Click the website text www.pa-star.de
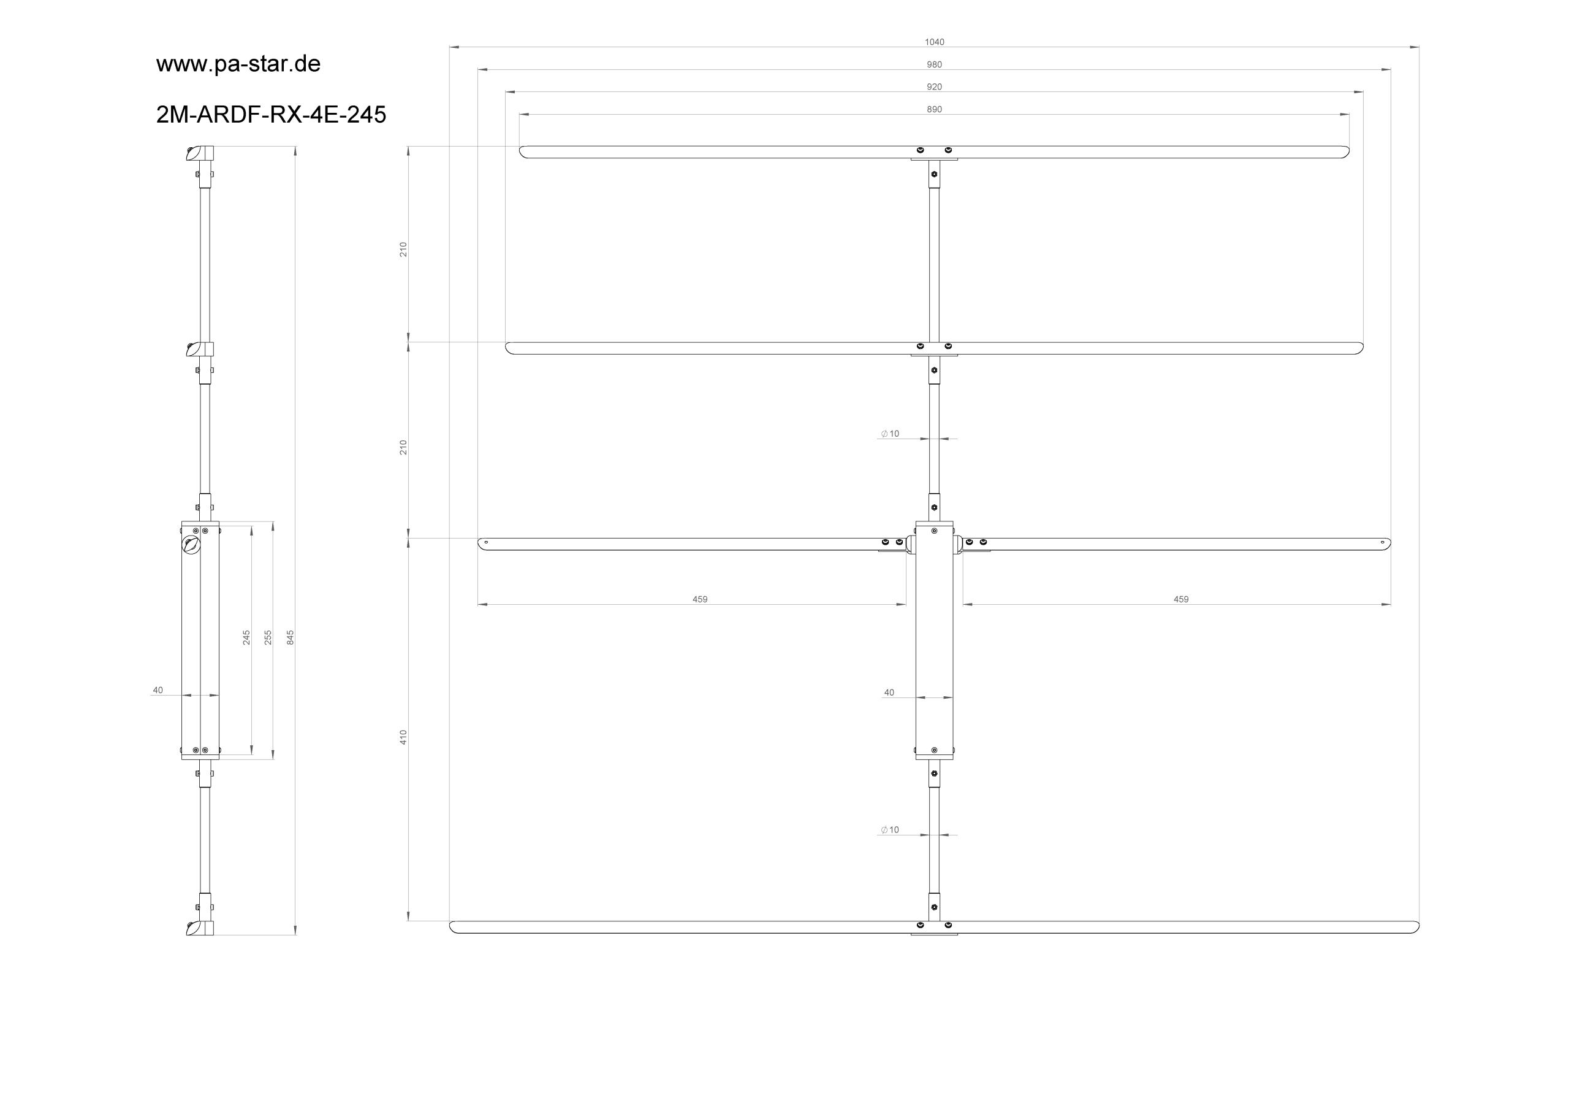point(238,64)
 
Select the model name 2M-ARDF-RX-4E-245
point(272,114)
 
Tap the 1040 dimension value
point(934,42)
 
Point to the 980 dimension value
point(934,65)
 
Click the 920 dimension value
point(934,87)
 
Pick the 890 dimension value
point(934,109)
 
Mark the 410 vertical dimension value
point(403,737)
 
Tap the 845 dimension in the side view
point(291,637)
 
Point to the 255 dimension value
point(268,637)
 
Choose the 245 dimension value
point(246,637)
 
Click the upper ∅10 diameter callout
point(890,434)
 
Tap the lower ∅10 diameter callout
point(890,830)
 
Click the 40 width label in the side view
point(158,691)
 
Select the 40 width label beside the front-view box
point(889,693)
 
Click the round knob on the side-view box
point(191,545)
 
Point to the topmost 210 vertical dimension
point(403,250)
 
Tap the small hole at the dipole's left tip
point(486,542)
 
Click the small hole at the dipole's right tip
point(1383,542)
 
